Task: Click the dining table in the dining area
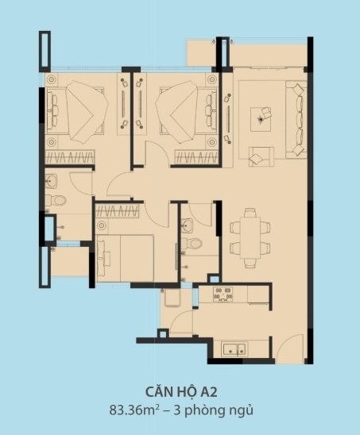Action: point(250,238)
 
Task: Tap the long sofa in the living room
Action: point(296,120)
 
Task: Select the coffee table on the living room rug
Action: point(261,119)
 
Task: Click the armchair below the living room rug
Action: point(261,156)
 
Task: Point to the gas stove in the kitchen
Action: point(223,294)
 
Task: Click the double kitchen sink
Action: point(234,349)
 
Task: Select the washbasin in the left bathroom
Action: point(51,181)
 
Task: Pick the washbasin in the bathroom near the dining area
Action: point(188,225)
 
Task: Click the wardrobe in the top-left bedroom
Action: point(69,157)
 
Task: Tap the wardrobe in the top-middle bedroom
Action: point(196,157)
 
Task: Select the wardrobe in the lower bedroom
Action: point(118,211)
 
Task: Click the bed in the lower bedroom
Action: point(125,258)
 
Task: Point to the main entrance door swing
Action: point(290,349)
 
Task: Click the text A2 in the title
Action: point(209,392)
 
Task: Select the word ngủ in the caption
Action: point(243,410)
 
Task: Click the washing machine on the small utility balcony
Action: point(172,298)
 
